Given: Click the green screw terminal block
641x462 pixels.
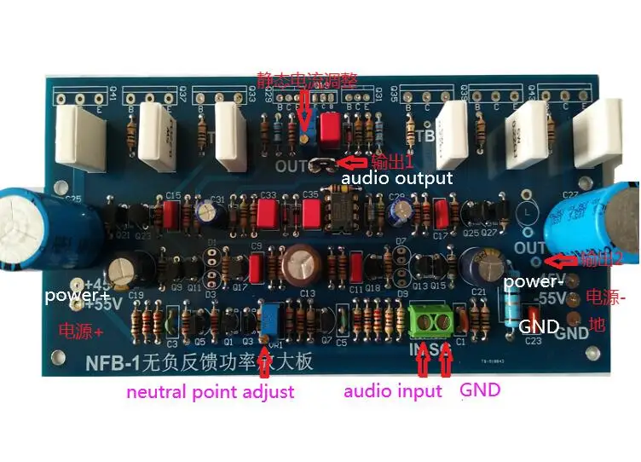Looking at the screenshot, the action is [x=433, y=320].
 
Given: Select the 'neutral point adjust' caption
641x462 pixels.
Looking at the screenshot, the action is [x=211, y=392].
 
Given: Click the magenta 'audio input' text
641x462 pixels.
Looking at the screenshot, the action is [x=393, y=391].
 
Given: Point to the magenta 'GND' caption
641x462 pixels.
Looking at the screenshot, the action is [x=480, y=390].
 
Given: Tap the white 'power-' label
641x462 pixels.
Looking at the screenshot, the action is [x=530, y=281].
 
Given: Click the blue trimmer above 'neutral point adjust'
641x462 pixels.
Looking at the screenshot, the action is [x=272, y=321].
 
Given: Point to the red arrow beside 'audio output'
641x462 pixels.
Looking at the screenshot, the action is [x=351, y=161].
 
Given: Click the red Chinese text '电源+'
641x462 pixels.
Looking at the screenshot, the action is [x=80, y=329].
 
